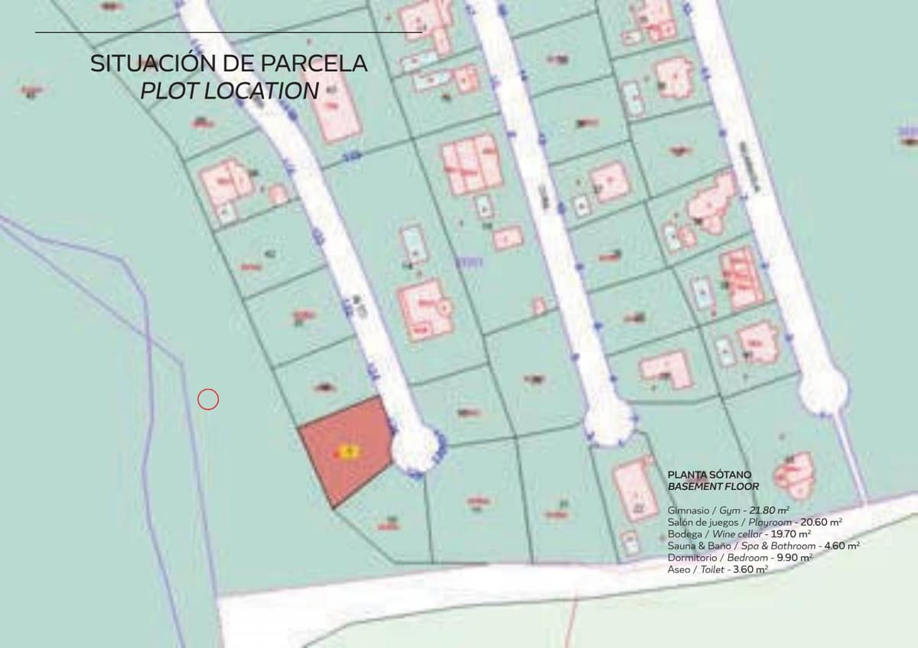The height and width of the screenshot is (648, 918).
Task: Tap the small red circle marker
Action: coord(208,399)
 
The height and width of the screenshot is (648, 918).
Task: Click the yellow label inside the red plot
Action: coord(347,452)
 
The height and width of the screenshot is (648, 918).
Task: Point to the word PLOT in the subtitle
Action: coord(165,91)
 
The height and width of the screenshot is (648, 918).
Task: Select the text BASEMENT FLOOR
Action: coord(713,486)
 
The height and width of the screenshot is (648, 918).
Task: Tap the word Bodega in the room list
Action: coord(685,534)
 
